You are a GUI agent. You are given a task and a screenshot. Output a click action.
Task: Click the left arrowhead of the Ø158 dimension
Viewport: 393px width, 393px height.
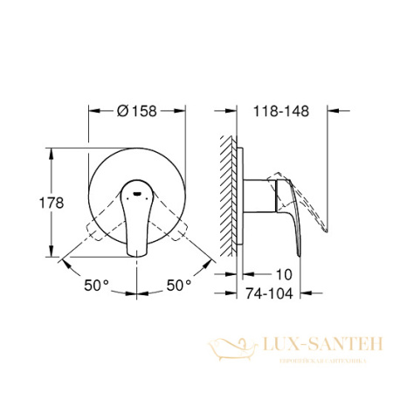(x=92, y=111)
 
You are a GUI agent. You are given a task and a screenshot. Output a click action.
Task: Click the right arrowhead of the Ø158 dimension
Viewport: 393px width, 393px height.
(x=184, y=111)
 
